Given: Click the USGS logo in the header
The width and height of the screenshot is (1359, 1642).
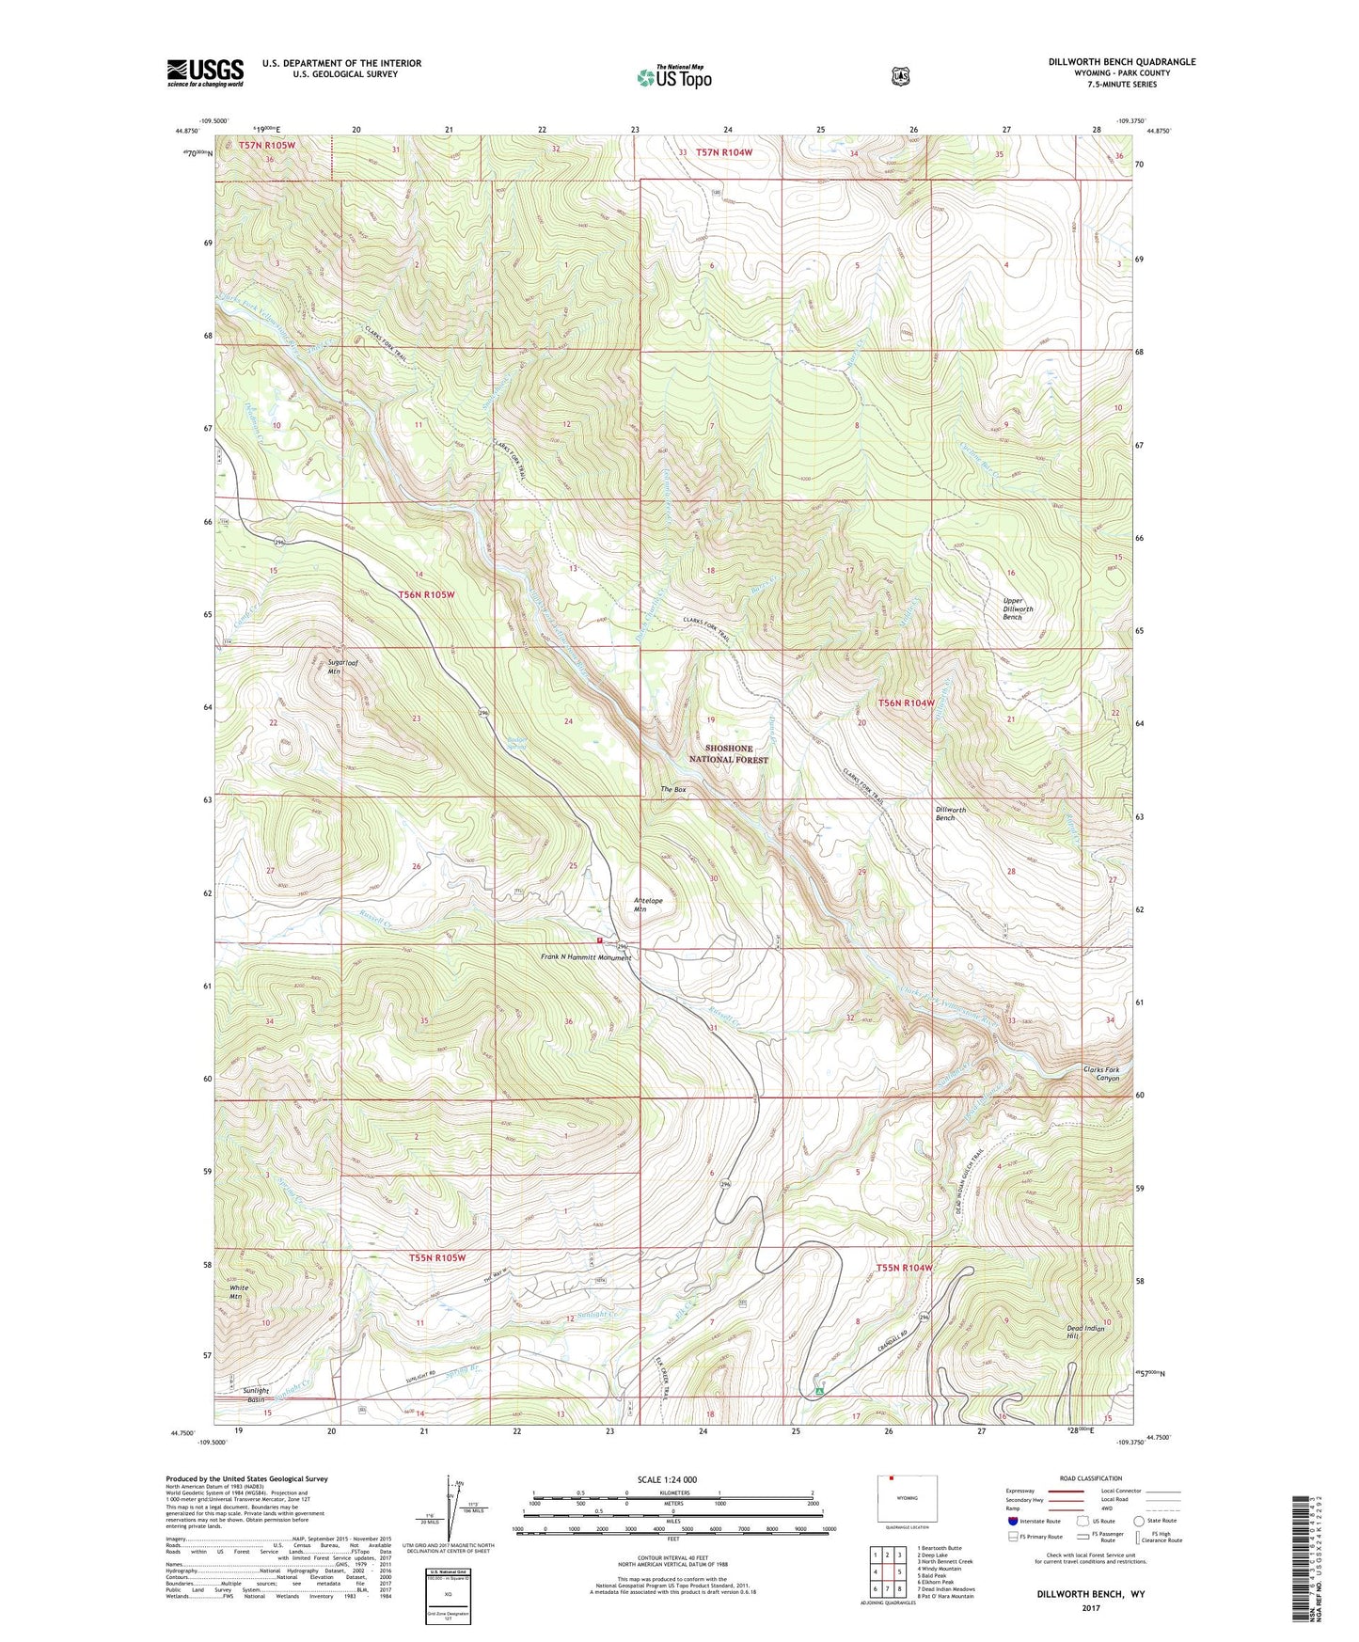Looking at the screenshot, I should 205,72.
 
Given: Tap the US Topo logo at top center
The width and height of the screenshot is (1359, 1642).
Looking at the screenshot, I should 673,77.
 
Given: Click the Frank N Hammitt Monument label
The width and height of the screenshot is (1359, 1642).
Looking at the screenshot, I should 586,957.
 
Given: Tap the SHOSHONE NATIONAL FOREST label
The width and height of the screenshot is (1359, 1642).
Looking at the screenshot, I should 729,754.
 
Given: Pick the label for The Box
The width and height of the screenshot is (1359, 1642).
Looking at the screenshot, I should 673,790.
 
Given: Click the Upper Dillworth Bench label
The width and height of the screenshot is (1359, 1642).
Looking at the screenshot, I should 1012,608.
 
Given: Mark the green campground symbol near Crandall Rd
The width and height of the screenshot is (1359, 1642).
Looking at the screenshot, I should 820,1388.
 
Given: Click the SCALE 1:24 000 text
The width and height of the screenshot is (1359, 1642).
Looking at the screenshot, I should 667,1480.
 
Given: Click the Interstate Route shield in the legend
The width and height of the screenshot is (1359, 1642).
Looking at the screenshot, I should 1012,1521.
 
